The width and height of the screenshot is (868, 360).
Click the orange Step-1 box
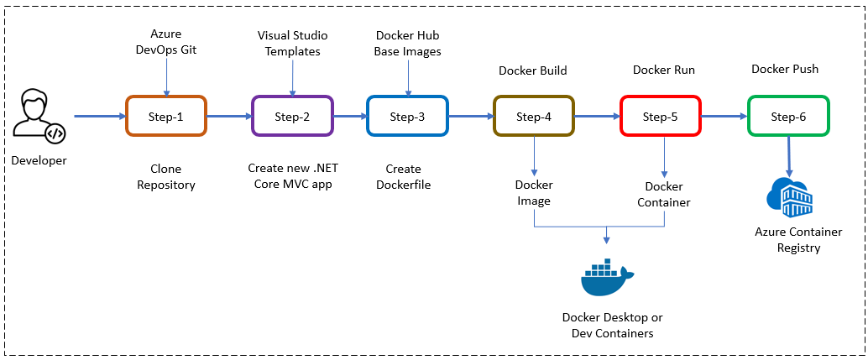click(165, 116)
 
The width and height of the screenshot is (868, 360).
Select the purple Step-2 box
click(292, 116)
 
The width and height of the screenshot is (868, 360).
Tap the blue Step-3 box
click(407, 116)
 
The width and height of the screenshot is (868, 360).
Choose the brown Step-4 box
click(534, 116)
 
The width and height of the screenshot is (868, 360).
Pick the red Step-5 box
click(660, 116)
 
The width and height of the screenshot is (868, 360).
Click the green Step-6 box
click(787, 116)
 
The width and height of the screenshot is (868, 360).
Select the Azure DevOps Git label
click(165, 42)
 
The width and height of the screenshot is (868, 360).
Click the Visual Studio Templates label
click(292, 42)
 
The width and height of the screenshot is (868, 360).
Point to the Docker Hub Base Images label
click(407, 42)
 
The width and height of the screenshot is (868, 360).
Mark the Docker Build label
click(532, 70)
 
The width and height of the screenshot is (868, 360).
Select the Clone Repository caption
click(166, 177)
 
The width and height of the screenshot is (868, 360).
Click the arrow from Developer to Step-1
click(99, 117)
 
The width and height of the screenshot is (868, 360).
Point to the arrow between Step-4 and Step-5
click(597, 117)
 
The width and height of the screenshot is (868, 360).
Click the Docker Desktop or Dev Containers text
click(613, 326)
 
